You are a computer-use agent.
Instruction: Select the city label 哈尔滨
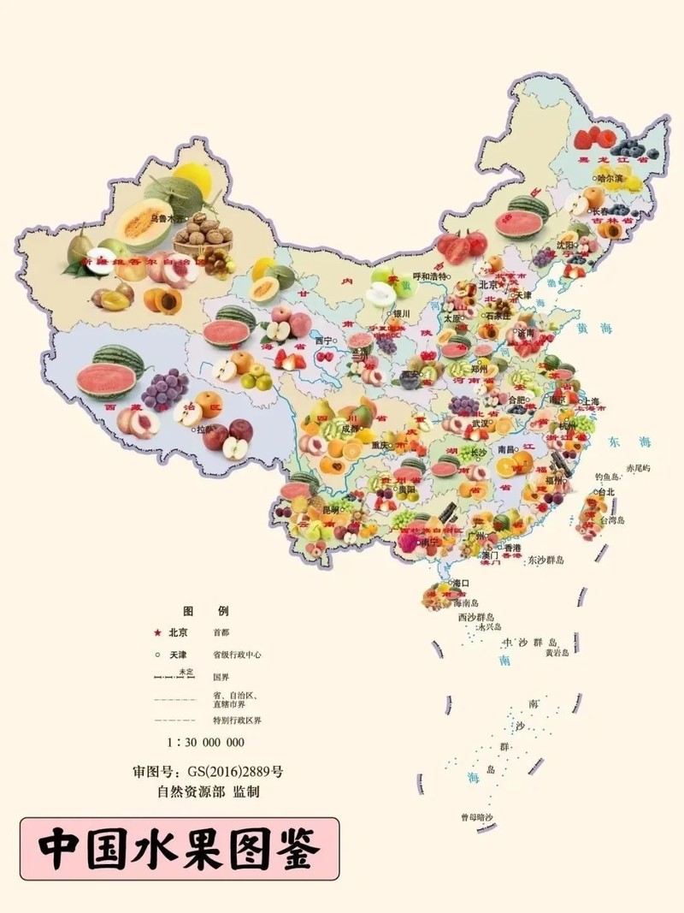[x=611, y=178]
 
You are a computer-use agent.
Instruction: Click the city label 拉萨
[x=206, y=429]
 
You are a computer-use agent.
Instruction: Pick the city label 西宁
[x=323, y=340]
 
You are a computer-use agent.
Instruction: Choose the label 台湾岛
[x=611, y=519]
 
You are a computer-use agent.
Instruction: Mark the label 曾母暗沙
[x=476, y=817]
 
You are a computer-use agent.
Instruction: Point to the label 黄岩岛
[x=562, y=653]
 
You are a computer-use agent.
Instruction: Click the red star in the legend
[x=156, y=633]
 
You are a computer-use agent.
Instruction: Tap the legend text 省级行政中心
[x=238, y=655]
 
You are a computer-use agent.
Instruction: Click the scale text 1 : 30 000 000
[x=206, y=742]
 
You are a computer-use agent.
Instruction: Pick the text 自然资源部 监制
[x=208, y=792]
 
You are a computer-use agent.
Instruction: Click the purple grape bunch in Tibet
[x=164, y=388]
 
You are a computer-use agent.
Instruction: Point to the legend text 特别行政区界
[x=238, y=720]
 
